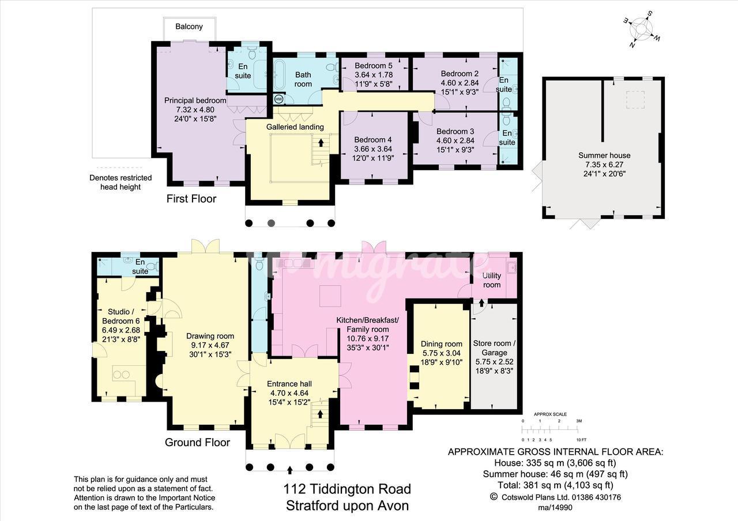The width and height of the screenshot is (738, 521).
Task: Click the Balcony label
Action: pos(189,27)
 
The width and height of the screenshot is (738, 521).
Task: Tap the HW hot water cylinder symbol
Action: pos(278,99)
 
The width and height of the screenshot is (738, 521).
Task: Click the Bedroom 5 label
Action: pos(374,66)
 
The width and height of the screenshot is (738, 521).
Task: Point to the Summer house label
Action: pos(604,156)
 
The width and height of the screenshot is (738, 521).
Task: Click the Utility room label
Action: pos(492,280)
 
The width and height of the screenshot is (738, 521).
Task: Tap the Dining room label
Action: pos(442,344)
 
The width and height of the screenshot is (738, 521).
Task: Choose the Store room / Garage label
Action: pos(494,348)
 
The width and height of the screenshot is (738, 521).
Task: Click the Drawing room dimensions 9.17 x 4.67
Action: pos(210,345)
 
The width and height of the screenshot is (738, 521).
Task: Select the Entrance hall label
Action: pos(289,384)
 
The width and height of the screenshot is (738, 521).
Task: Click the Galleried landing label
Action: pos(295,127)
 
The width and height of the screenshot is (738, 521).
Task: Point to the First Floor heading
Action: pos(191,199)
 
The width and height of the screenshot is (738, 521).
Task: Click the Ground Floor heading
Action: pos(197,442)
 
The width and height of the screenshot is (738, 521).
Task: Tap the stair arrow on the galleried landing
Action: pos(321,142)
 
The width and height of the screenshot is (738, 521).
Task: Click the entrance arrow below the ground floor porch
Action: pos(290,470)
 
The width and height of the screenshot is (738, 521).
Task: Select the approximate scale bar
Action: pos(550,430)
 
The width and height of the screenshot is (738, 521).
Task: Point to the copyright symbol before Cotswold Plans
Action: pos(494,497)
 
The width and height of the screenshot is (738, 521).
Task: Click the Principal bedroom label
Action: pos(195,100)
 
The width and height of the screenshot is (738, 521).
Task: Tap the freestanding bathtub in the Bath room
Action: pos(278,74)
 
